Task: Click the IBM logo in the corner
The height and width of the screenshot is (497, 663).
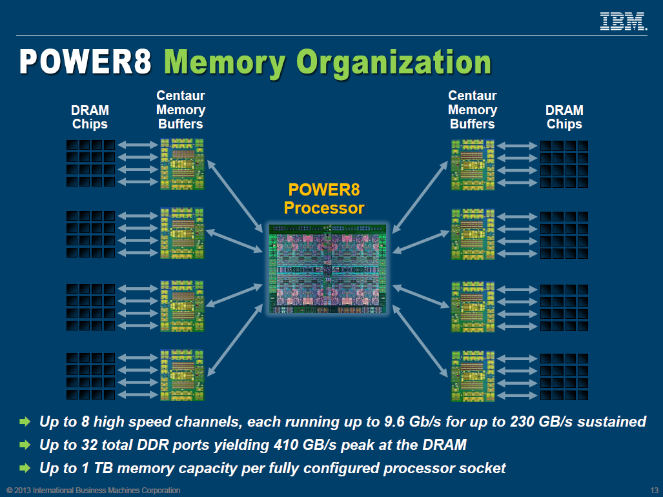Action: [623, 21]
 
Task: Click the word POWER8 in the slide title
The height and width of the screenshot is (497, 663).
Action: [85, 63]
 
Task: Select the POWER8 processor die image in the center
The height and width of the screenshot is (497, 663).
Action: [327, 269]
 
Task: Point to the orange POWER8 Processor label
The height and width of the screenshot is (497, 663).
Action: [324, 199]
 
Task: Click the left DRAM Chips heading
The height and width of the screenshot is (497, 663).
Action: [90, 117]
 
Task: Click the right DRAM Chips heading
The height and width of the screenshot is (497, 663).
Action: [564, 117]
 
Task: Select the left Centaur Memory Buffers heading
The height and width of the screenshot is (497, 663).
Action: [181, 110]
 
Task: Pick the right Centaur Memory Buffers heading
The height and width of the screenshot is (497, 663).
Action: [472, 110]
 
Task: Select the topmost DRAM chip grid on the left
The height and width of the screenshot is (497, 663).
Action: [91, 163]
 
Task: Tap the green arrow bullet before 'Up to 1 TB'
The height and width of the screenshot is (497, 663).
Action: [25, 468]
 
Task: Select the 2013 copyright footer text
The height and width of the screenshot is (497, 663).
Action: [94, 491]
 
